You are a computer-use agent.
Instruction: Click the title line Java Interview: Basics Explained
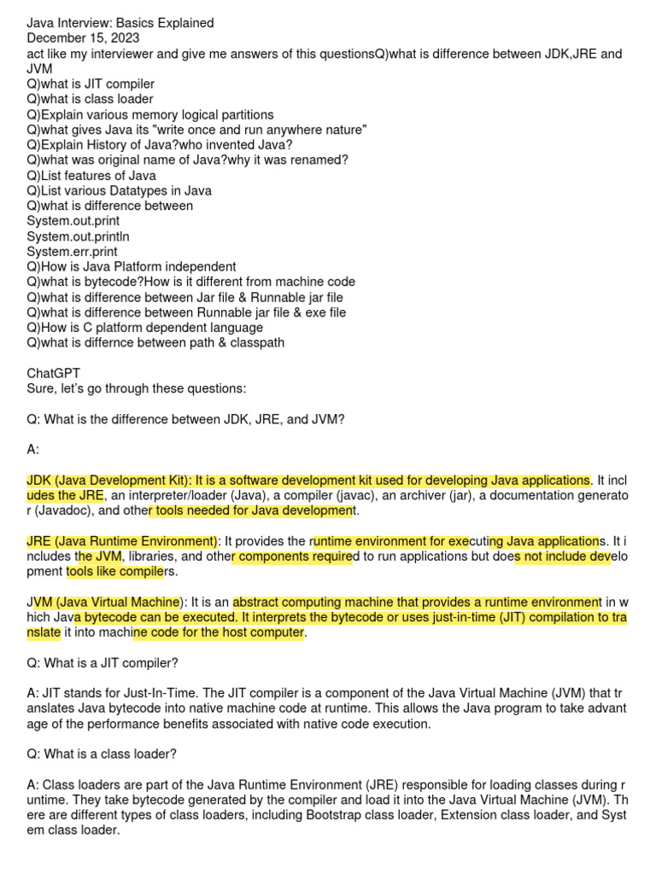pos(120,23)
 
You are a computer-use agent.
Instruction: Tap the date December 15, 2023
pos(84,38)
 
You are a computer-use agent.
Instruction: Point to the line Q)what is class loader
pos(90,99)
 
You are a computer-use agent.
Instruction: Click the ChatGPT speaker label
pos(54,373)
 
